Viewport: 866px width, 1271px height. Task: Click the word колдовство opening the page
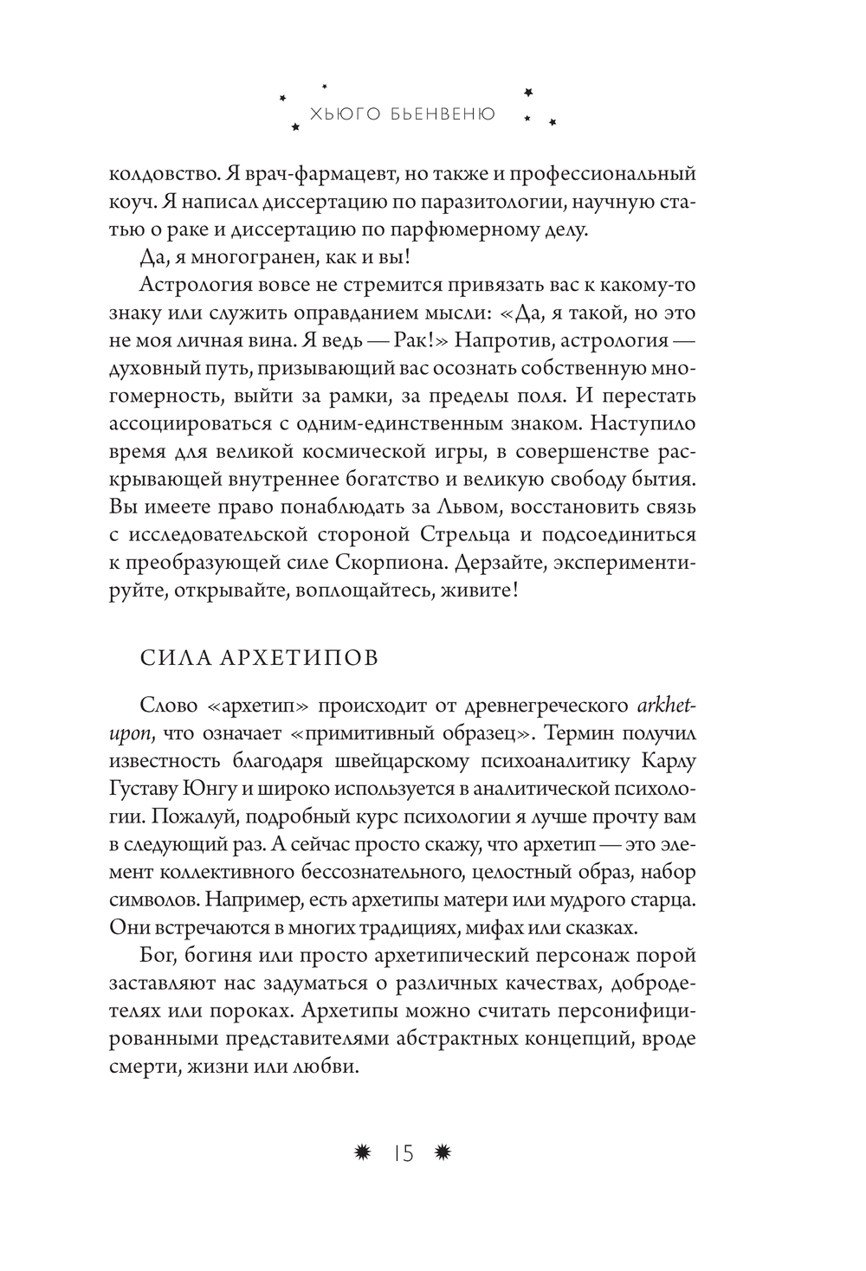point(163,173)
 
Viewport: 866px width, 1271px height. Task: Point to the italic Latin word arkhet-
point(666,706)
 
